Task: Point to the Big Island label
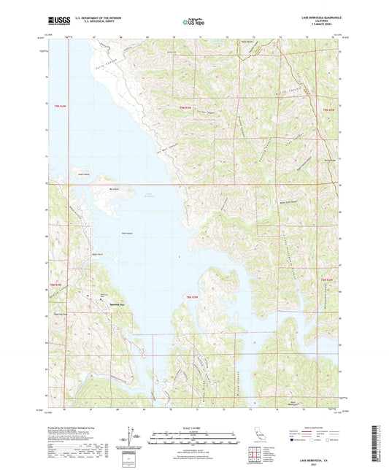click(113, 190)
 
